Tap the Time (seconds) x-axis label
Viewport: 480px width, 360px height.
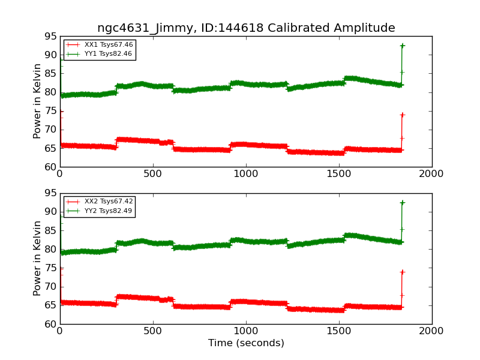coord(246,343)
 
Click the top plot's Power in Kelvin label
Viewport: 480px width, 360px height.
coord(37,101)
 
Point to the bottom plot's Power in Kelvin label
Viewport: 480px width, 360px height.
coord(37,258)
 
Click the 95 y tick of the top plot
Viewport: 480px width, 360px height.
coord(52,36)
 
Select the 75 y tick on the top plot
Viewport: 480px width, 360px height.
coord(52,111)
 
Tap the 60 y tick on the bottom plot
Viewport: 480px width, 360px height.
coord(52,325)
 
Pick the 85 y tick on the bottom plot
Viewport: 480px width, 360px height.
coord(52,231)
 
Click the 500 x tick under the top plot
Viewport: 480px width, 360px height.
coord(152,174)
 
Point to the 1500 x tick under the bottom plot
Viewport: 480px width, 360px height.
coord(338,331)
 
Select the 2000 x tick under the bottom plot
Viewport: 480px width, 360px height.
coord(431,331)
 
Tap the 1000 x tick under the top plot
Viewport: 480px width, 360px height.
coord(245,174)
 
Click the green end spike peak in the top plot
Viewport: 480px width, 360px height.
coord(402,46)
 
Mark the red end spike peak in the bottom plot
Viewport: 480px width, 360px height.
coord(402,272)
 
